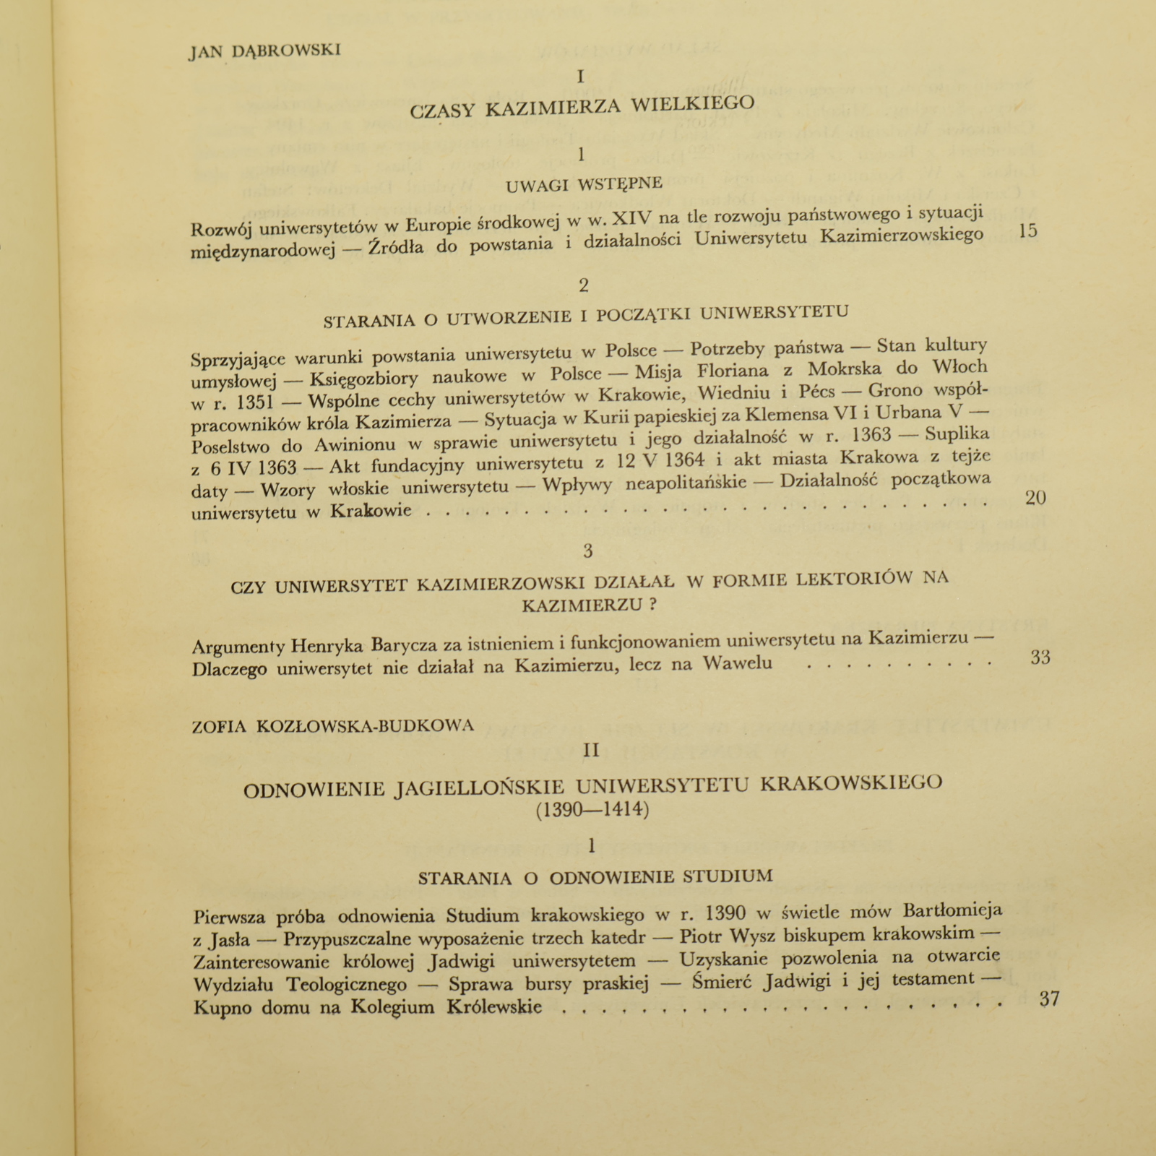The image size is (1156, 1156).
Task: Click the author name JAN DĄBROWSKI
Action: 264,51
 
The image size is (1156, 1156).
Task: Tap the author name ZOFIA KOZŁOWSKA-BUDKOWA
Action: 333,726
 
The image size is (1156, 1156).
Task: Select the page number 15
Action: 1027,231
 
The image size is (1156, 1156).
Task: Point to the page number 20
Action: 1036,497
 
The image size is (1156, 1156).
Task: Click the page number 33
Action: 1040,657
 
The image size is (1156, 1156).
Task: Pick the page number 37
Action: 1049,999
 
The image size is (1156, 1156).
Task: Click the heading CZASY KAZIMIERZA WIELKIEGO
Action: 582,106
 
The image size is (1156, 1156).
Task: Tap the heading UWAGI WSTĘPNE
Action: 584,184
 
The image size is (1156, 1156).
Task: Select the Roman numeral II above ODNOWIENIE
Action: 591,751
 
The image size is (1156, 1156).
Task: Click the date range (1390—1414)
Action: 592,810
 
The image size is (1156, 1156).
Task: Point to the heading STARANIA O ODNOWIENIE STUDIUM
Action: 595,878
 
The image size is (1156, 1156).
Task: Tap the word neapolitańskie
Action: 686,483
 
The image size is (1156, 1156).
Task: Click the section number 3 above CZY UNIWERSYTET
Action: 587,551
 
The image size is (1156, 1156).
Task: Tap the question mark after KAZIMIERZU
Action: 652,605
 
